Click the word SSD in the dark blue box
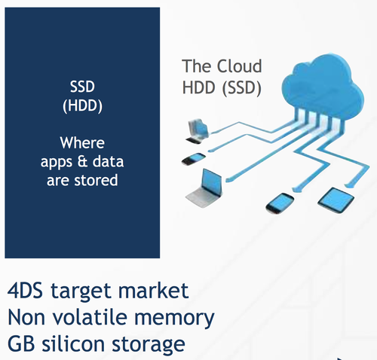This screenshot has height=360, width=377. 82,87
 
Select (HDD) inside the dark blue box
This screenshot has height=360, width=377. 82,105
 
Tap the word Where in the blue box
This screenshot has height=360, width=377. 82,143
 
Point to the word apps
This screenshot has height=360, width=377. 57,163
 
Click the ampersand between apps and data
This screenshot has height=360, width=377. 82,161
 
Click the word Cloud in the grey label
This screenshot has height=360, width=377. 239,66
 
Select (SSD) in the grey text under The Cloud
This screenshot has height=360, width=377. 242,88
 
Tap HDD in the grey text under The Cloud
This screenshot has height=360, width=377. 199,88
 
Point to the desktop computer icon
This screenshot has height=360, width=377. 198,131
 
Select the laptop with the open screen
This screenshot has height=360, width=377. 205,188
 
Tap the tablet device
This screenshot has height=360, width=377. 336,200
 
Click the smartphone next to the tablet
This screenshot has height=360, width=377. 280,203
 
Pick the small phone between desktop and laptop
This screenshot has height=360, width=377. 194,159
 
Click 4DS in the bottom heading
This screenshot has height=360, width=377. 25,291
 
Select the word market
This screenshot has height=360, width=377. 153,291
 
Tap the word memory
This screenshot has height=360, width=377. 174,319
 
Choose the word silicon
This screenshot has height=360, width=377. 73,343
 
